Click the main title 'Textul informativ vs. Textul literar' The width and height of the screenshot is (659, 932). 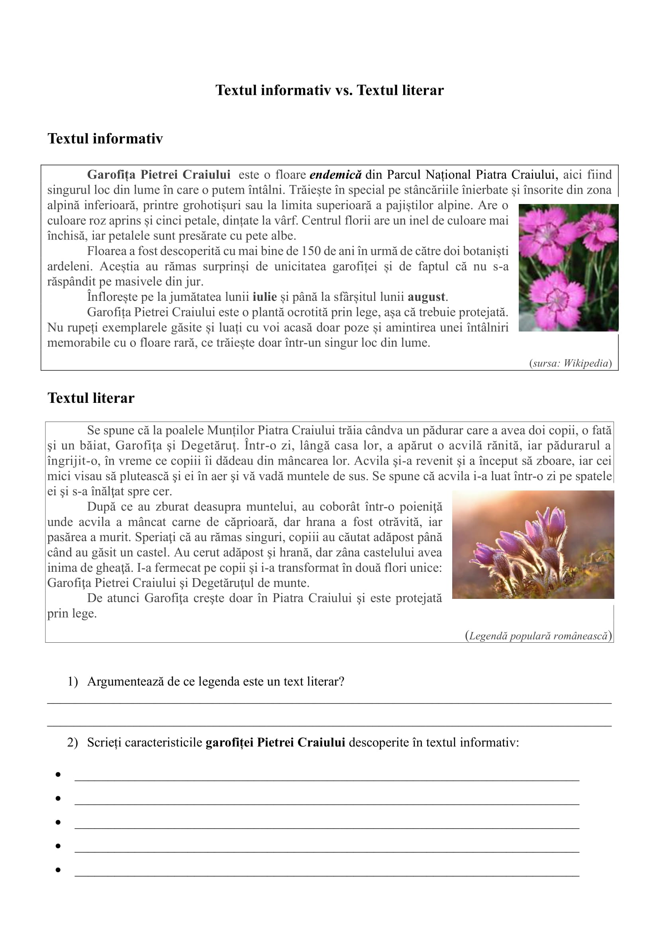329,90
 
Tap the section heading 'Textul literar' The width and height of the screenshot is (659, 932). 91,398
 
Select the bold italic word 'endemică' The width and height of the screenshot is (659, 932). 335,175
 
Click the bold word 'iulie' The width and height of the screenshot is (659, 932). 265,297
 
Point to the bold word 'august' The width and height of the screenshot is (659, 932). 426,297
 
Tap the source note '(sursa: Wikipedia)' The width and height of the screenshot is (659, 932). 570,363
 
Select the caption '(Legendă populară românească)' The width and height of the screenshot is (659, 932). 539,636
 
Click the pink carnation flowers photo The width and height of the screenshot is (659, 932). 568,267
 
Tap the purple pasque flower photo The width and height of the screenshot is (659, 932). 533,544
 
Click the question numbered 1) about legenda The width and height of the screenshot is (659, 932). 216,681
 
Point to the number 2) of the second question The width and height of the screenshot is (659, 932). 72,742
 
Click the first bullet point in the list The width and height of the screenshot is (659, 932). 58,775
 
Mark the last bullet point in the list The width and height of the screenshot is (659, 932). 58,870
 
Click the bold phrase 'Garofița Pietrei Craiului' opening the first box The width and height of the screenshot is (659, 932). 159,175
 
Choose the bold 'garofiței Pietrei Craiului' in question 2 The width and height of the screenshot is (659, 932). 275,742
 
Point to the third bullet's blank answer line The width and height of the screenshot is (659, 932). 327,827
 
